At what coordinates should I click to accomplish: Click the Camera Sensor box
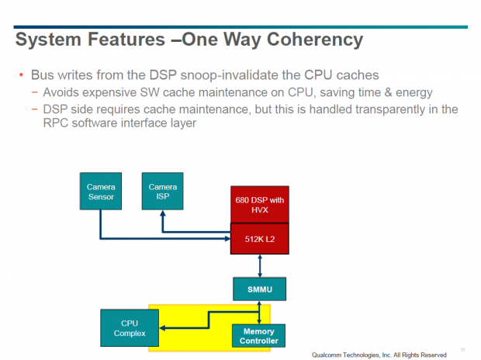[100, 192]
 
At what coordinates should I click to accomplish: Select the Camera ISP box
[162, 192]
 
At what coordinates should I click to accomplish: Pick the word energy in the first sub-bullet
[414, 92]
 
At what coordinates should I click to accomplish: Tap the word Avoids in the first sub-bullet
[62, 92]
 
